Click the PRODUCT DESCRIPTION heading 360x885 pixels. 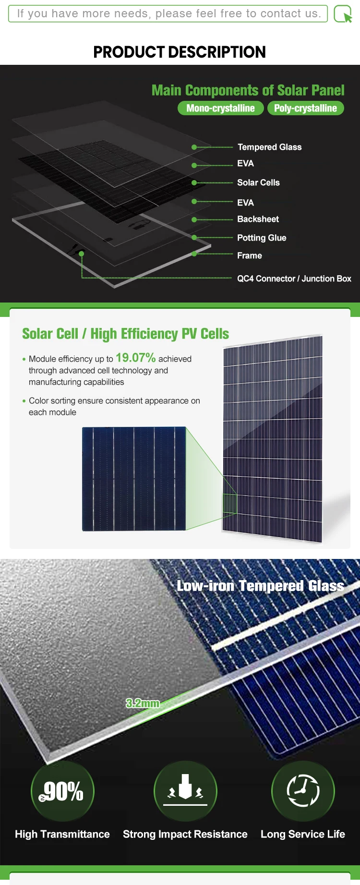point(180,52)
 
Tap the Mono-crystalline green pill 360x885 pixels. point(220,108)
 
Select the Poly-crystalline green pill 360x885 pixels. point(305,108)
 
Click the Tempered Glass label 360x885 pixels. point(269,147)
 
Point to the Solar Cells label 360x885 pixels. point(258,182)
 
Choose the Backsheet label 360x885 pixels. point(258,219)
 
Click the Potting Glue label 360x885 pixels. point(262,238)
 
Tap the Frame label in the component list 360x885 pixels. point(250,255)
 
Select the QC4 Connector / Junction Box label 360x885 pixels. point(294,279)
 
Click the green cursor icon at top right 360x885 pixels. point(343,14)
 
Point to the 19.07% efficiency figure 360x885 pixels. point(135,358)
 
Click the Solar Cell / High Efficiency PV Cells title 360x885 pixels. point(125,334)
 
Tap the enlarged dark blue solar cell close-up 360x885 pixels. point(134,479)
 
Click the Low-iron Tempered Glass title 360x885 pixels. point(260,586)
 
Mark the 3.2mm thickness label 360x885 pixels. point(143,703)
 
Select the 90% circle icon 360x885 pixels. point(62,791)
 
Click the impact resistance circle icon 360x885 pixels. point(185,791)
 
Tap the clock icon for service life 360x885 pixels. point(303,791)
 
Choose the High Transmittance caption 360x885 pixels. point(62,834)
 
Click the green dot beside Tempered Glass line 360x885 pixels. point(194,147)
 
